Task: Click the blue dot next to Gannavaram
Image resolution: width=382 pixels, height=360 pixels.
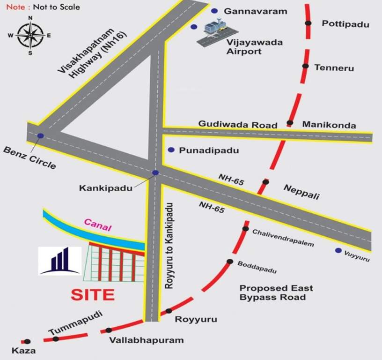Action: click(214, 11)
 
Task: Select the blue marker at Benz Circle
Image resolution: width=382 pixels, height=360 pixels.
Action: click(41, 136)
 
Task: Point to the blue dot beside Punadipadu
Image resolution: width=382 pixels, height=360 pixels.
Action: click(171, 150)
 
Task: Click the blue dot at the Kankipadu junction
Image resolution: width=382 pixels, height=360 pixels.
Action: click(155, 172)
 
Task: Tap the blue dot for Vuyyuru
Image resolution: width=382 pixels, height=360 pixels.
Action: click(338, 251)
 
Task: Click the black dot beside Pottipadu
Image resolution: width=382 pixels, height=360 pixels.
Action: click(308, 23)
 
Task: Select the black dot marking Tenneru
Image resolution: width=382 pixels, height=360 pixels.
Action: click(305, 67)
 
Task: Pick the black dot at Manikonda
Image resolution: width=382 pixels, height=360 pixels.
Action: click(290, 123)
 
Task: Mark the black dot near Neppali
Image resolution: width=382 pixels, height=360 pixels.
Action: click(265, 182)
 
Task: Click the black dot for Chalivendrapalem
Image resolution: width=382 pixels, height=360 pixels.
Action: click(245, 229)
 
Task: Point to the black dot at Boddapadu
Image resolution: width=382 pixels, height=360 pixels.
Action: click(230, 262)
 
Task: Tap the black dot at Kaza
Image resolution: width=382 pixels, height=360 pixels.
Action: click(27, 341)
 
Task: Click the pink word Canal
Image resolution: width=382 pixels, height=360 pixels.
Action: click(97, 225)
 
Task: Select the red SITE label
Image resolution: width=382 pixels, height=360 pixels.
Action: click(93, 295)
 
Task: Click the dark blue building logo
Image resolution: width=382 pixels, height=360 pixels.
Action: click(59, 260)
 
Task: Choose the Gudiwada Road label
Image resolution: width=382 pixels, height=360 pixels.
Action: click(238, 124)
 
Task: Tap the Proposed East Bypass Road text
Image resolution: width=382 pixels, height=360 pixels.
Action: click(276, 292)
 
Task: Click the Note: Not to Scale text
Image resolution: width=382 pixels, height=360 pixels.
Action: click(43, 7)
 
